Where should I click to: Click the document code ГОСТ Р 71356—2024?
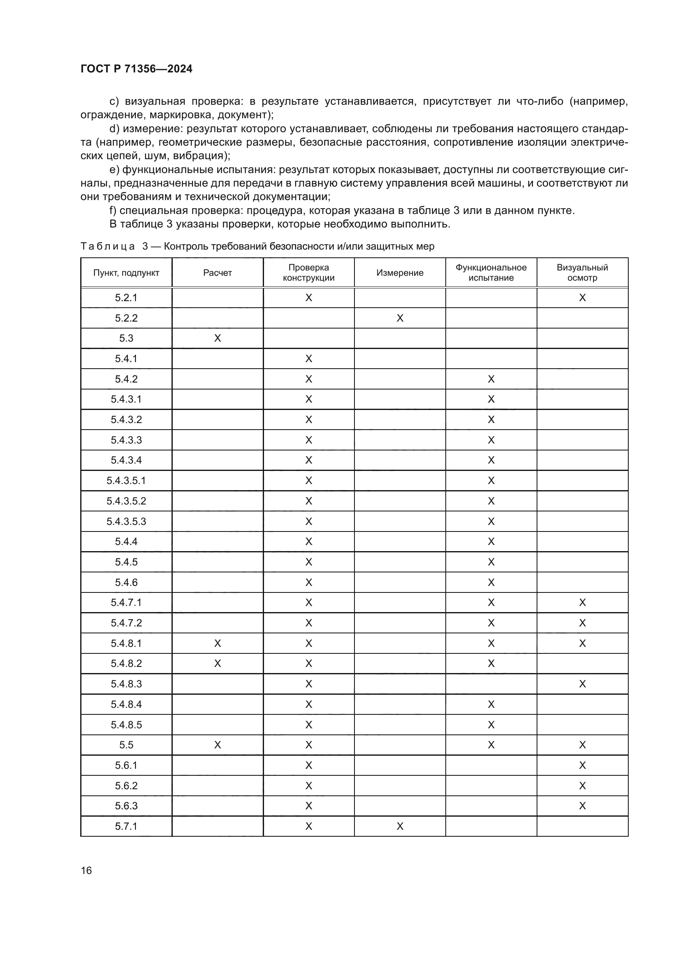[136, 69]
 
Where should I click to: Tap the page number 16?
[86, 871]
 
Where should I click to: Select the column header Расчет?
[217, 272]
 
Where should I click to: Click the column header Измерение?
[400, 272]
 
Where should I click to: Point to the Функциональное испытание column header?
[491, 272]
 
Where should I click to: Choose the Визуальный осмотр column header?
[582, 272]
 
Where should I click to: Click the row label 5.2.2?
[126, 318]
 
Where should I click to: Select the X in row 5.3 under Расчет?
[217, 338]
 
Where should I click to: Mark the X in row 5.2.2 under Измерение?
[400, 318]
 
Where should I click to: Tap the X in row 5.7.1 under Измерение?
[400, 826]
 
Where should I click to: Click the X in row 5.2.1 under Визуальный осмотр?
[582, 297]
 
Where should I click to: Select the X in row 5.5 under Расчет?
[217, 745]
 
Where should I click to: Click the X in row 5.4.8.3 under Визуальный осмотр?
[582, 684]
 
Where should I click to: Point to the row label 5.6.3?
[126, 806]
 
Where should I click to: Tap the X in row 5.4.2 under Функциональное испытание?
[491, 379]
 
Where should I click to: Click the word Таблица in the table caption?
[108, 246]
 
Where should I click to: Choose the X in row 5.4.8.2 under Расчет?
[217, 664]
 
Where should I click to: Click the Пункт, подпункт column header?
[126, 272]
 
